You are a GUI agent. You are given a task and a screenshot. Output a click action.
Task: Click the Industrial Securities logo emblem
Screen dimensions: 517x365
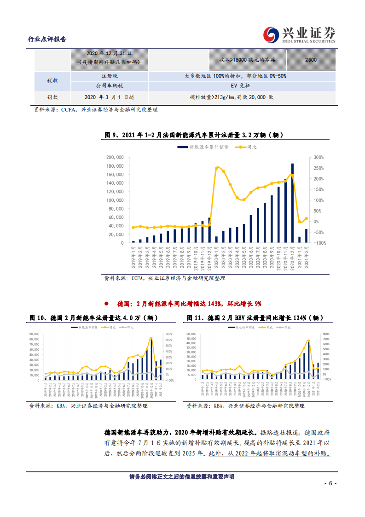point(271,35)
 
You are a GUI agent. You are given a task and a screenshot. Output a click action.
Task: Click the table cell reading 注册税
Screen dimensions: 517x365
point(110,76)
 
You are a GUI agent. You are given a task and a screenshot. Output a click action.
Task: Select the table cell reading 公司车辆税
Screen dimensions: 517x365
point(110,86)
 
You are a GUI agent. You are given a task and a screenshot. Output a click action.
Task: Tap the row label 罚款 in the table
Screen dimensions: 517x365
point(52,97)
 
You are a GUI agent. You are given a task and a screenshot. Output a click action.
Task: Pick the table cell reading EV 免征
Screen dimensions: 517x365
point(238,86)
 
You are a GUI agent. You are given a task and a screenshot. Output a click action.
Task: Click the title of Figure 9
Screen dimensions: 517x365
point(194,135)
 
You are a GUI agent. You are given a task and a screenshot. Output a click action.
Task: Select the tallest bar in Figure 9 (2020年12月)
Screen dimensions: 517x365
point(292,203)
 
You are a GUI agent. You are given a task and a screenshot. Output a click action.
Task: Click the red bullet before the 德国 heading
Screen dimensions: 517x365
point(106,304)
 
